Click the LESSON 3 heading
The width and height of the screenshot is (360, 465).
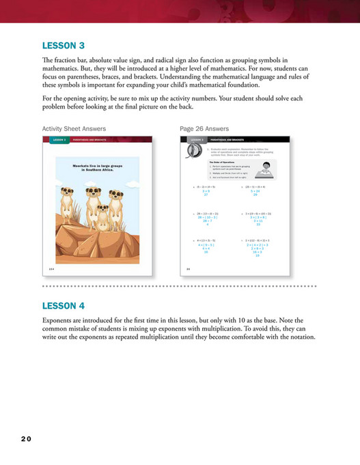click(x=63, y=46)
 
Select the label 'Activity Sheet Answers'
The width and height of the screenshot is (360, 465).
click(x=74, y=128)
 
